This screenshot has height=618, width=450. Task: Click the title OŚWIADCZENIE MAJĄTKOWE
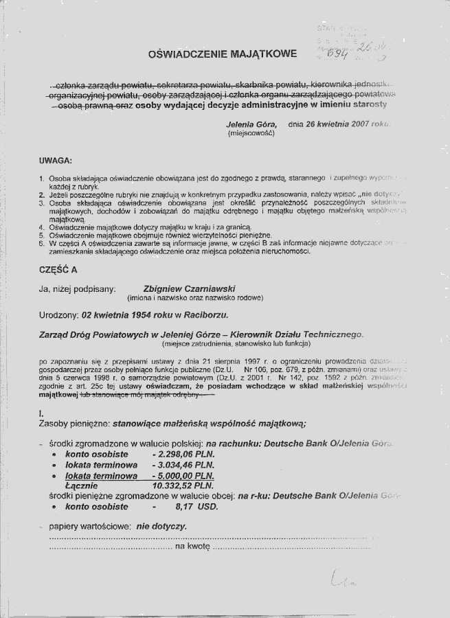[x=223, y=53]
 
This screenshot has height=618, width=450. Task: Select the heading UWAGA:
[x=56, y=161]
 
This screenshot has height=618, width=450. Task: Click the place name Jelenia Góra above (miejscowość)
[x=251, y=124]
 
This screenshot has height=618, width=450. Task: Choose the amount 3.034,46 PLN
[x=183, y=465]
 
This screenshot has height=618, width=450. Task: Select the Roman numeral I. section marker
[x=42, y=413]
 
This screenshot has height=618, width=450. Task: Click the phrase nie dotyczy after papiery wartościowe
[x=161, y=527]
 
